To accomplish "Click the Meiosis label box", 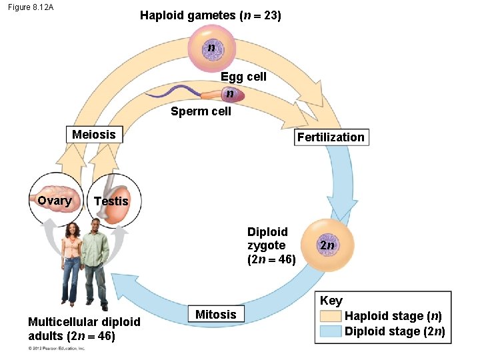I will pos(94,135).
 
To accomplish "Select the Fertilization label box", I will pos(331,137).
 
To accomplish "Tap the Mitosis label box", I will pos(215,314).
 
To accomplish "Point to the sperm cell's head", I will pos(229,94).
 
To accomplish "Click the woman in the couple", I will pos(71,263).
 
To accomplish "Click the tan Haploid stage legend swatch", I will pos(331,316).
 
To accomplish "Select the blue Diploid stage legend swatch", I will pos(331,331).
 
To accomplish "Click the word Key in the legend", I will pos(331,301).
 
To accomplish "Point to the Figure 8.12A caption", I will pos(31,7).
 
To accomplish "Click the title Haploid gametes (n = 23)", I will pos(210,15).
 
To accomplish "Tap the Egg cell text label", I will pos(243,77).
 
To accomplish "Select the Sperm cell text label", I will pos(201,111).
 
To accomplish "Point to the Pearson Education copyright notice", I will pos(57,348).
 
